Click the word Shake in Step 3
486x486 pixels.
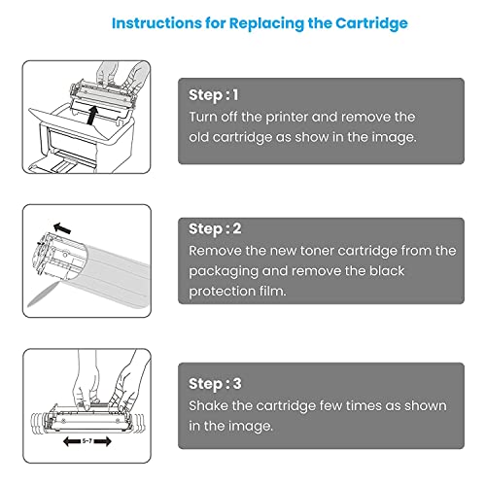click(210, 404)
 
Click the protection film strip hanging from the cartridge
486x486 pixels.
click(40, 297)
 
